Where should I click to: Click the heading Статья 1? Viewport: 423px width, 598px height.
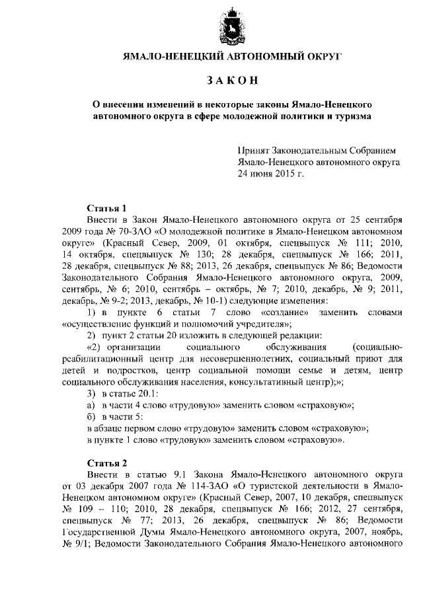pyautogui.click(x=106, y=208)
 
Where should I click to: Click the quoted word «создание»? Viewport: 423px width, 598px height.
pyautogui.click(x=256, y=312)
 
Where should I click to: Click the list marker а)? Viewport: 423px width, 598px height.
pyautogui.click(x=93, y=404)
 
